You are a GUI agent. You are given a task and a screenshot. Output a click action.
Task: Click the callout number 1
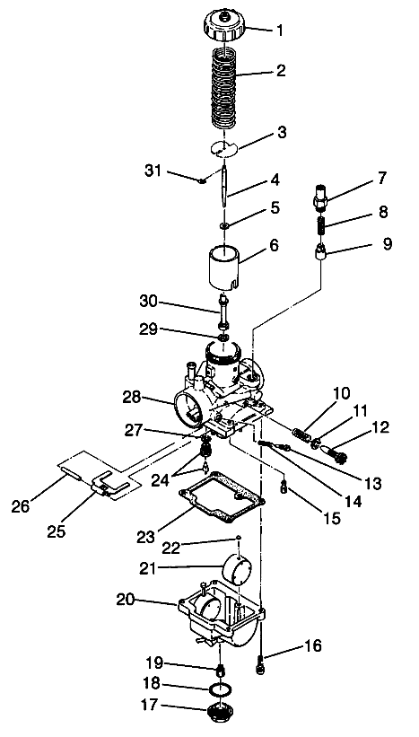tap(279, 30)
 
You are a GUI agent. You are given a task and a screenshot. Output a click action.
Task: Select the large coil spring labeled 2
tap(227, 90)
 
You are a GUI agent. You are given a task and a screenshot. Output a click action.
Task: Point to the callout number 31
tap(153, 170)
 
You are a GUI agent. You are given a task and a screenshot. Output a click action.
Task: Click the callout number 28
tap(132, 396)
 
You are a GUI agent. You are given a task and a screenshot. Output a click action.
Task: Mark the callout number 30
tap(149, 300)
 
